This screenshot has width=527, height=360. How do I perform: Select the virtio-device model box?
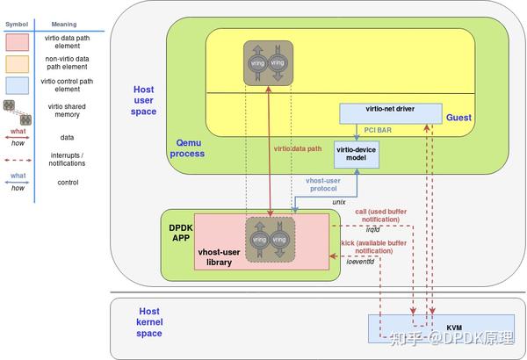(357, 155)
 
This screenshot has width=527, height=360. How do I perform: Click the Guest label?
(458, 118)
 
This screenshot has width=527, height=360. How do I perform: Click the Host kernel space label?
(149, 322)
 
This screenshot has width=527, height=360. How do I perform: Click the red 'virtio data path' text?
(299, 148)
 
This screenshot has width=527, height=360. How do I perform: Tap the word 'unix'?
(338, 201)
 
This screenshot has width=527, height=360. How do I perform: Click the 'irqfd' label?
(372, 229)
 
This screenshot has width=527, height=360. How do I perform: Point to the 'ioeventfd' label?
(360, 261)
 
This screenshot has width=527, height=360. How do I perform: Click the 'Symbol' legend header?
(18, 25)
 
